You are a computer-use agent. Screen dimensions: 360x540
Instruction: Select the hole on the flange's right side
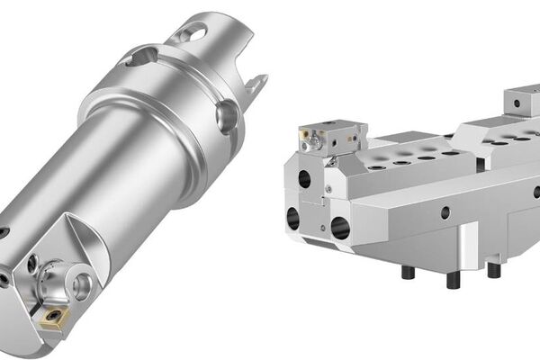pos(226,116)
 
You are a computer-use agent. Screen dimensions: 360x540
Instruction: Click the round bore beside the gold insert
pos(82,287)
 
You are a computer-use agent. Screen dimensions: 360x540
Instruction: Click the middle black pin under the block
pos(453,279)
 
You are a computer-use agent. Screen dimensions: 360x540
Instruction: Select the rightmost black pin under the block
pos(492,269)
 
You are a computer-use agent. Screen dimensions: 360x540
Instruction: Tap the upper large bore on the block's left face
pos(304,178)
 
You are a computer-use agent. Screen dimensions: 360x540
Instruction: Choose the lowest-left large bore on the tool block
pos(294,217)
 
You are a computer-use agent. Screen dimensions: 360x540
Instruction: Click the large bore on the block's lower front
pos(341,228)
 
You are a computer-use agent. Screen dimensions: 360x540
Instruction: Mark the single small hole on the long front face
pos(445,213)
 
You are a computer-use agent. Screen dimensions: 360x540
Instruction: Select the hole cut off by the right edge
pos(536,192)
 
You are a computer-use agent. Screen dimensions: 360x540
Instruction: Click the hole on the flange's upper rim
pos(142,58)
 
